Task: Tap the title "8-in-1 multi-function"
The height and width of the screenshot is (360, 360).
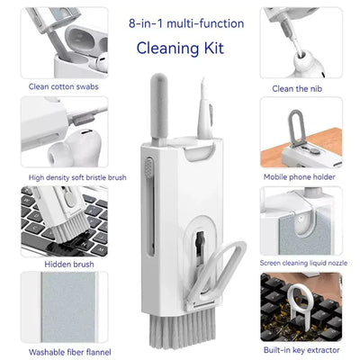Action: click(x=180, y=19)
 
